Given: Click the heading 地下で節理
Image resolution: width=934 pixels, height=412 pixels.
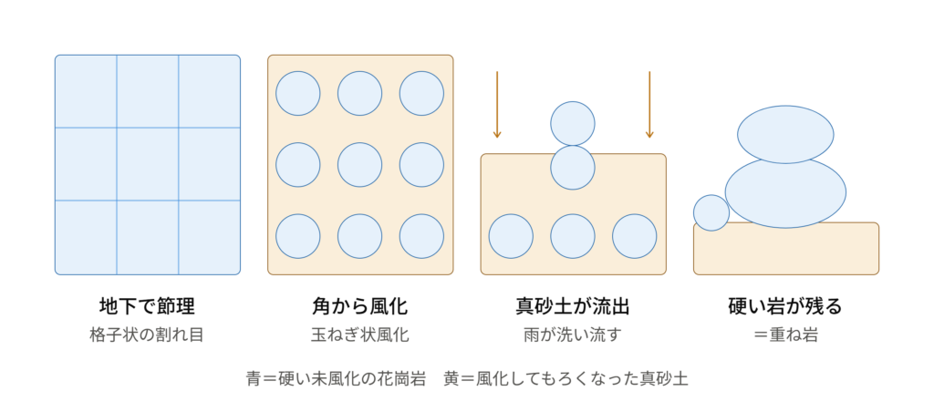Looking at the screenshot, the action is pos(147,306).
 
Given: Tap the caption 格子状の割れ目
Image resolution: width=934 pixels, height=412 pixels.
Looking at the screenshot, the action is pos(147,335).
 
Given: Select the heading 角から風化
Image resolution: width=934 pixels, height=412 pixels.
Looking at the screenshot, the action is pos(359,306).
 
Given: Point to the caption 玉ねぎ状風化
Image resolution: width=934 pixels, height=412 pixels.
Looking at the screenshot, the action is pos(359,335).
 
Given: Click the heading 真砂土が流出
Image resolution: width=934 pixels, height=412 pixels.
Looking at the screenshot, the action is pos(573,306).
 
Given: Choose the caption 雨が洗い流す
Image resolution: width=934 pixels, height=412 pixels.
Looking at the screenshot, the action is pos(573,335).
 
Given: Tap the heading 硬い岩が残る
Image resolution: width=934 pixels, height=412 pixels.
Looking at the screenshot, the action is pos(785,306).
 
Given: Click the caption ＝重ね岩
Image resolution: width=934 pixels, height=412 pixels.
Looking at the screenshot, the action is pos(785,335).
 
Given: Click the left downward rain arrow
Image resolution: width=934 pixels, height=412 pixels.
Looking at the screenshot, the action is pos(497,105).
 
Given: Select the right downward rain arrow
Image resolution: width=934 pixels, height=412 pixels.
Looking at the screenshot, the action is pos(649,105).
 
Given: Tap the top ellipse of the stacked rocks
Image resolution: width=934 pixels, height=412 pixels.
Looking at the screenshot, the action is pos(785,135).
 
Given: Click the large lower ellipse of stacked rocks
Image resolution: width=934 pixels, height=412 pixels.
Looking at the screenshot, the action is pos(785,191).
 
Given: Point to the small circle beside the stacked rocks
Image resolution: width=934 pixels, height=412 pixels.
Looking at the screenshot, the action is pos(711,212).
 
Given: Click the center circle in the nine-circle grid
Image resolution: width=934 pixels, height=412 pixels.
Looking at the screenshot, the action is pos(359,165).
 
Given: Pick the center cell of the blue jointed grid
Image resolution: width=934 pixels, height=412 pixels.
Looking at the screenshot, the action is pos(147,164).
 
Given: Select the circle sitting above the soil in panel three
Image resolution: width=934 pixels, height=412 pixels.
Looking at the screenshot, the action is pos(573,123).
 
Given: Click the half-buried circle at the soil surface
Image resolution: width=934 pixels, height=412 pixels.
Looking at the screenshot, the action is pos(573,168).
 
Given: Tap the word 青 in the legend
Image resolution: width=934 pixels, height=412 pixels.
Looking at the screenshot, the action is pos(254,378).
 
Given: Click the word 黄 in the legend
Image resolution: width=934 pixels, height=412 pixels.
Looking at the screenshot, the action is pos(451,378).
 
